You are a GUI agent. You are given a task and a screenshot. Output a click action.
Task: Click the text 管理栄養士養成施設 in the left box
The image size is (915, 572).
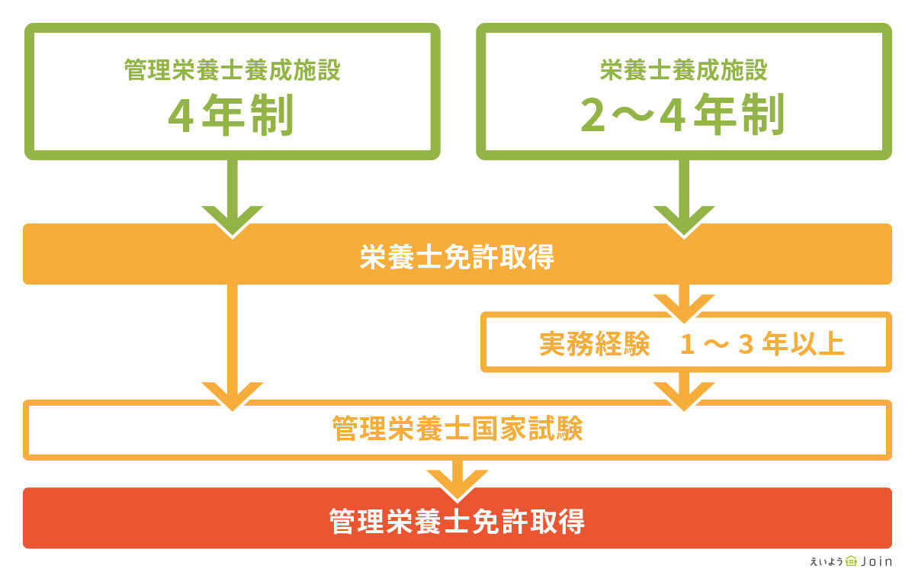click(x=232, y=71)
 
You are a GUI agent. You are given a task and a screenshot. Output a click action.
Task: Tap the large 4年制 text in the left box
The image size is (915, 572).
click(x=232, y=117)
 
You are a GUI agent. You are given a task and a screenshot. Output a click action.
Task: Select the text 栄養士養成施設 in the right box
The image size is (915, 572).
click(x=683, y=71)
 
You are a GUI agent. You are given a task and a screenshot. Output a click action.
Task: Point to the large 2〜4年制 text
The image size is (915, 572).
click(x=683, y=117)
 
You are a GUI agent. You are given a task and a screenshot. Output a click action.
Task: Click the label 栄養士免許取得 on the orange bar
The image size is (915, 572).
click(x=457, y=258)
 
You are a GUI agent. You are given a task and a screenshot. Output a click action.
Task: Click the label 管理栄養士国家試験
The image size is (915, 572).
click(x=457, y=429)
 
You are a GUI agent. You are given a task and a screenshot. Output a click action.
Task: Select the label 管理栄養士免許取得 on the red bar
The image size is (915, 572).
click(x=457, y=522)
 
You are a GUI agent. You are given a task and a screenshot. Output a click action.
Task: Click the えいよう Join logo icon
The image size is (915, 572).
click(x=852, y=561)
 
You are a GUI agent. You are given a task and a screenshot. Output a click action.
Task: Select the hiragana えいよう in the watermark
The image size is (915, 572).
click(x=827, y=561)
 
